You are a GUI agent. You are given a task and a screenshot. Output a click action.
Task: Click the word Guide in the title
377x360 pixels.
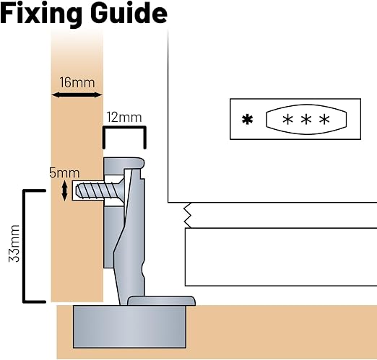[129, 12]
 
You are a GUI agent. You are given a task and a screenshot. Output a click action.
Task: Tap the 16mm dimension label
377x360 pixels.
[77, 82]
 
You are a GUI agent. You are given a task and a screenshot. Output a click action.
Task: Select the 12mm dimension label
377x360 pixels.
[124, 118]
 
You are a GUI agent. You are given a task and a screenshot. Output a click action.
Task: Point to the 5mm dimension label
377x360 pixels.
[64, 172]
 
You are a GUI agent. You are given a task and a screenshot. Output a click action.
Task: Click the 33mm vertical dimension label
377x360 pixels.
[14, 243]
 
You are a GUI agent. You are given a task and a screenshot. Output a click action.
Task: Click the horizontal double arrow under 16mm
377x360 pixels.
[77, 95]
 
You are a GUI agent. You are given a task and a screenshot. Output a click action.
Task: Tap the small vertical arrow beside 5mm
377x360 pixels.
[64, 191]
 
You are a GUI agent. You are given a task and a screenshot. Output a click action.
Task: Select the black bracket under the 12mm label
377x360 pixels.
[124, 128]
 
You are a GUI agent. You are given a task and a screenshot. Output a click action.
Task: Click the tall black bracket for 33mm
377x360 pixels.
[24, 246]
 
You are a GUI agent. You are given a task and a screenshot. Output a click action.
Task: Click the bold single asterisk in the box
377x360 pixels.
[248, 120]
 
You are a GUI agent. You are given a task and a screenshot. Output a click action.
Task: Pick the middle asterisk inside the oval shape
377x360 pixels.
[306, 119]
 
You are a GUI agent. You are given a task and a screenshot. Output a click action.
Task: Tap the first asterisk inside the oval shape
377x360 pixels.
[287, 119]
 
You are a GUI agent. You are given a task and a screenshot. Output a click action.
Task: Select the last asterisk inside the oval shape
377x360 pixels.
[324, 119]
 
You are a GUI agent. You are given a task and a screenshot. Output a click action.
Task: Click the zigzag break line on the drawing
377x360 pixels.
[188, 215]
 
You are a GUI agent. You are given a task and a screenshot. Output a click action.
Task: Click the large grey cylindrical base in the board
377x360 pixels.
[129, 327]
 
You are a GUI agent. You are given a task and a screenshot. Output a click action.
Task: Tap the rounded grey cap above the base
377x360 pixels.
[161, 301]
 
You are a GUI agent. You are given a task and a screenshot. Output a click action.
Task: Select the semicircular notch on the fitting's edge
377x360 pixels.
[144, 271]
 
